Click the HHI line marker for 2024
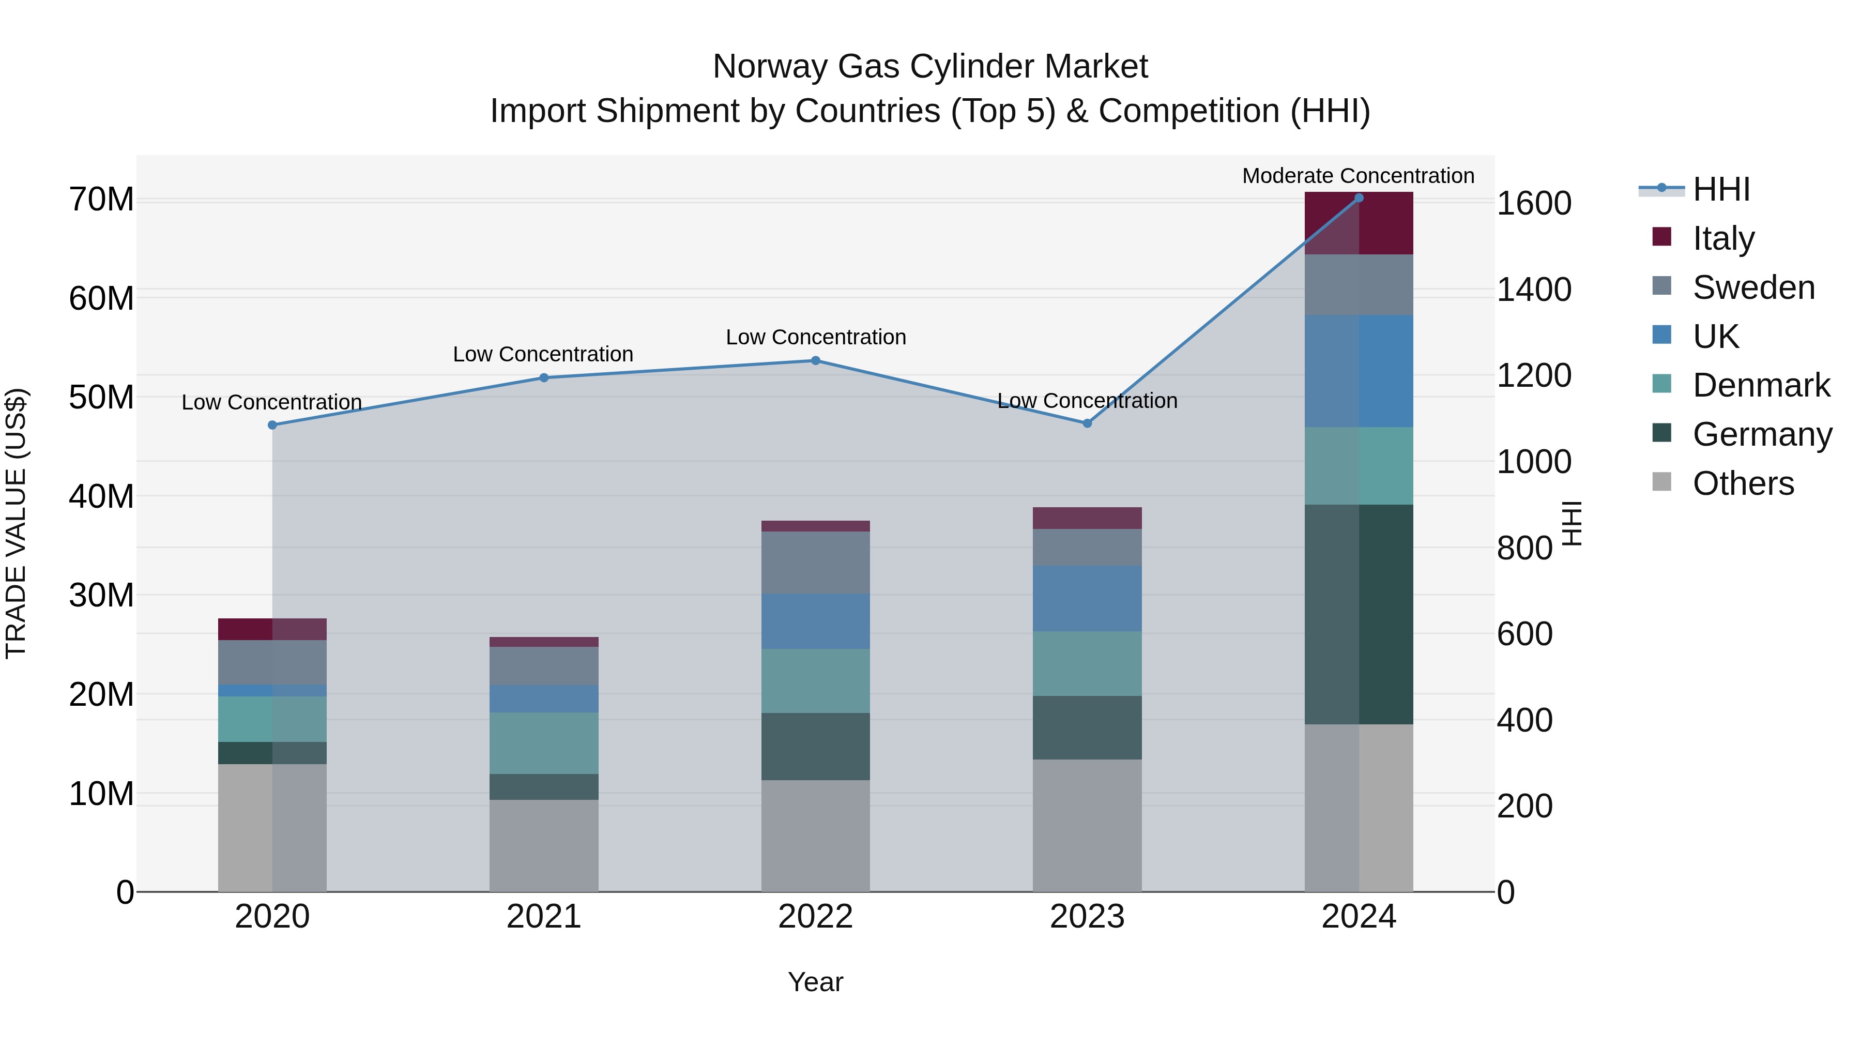click(x=1358, y=198)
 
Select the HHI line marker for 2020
click(x=272, y=425)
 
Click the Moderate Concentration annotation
click(x=1357, y=176)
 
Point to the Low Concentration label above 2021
click(x=543, y=354)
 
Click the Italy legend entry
click(x=1723, y=238)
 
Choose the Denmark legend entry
click(x=1761, y=385)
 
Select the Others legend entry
click(x=1743, y=483)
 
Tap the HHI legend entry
click(x=1721, y=189)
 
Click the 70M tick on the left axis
click(x=101, y=200)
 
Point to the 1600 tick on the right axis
click(x=1534, y=203)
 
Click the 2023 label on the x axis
click(x=1087, y=917)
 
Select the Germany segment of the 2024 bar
click(x=1358, y=614)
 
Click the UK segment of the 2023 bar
click(x=1087, y=598)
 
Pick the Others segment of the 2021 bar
click(x=543, y=845)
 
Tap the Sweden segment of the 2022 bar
click(x=815, y=562)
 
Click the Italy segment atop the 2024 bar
click(x=1358, y=223)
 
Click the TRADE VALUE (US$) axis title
click(x=16, y=523)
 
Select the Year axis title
click(x=815, y=982)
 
